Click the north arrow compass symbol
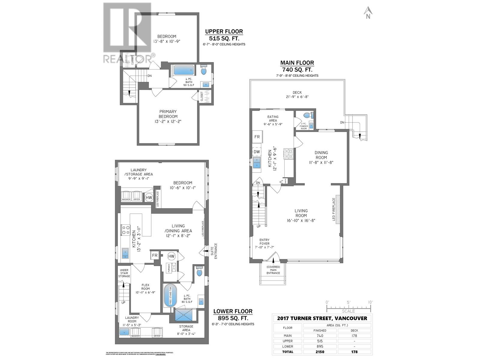click(x=368, y=13)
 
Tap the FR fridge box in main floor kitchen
click(x=257, y=137)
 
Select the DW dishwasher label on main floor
click(x=257, y=152)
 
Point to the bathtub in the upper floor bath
click(x=184, y=70)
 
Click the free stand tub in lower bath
click(x=170, y=295)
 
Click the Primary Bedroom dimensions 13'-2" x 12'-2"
click(x=168, y=121)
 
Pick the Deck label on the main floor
click(x=297, y=92)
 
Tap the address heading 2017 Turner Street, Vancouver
click(x=322, y=318)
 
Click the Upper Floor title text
click(x=224, y=31)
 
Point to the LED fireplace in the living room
click(x=336, y=209)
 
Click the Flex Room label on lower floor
click(x=145, y=287)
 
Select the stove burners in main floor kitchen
click(x=288, y=154)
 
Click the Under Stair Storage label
click(x=124, y=273)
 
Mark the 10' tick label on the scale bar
click(x=370, y=302)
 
